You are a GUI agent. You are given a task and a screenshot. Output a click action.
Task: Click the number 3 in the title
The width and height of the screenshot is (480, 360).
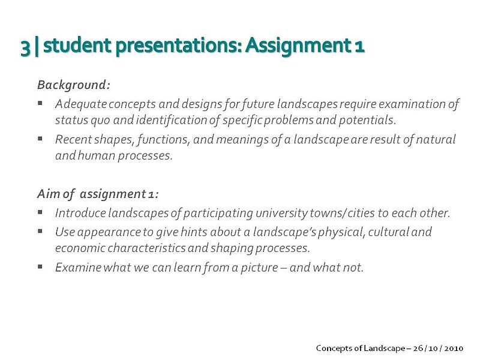pos(25,47)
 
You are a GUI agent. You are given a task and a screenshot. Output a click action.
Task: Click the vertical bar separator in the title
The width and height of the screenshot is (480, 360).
pos(37,47)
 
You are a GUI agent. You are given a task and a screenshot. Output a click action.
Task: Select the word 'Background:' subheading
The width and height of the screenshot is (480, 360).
pos(73,85)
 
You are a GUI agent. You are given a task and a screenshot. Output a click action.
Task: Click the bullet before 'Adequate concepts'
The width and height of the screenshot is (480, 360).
pos(40,103)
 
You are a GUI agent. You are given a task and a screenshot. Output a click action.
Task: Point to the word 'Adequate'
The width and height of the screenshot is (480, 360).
pos(81,104)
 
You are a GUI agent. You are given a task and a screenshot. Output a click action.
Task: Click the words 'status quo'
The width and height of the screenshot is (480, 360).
pos(83,120)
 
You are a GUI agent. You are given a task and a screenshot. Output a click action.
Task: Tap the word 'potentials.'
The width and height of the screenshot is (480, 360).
pos(367,120)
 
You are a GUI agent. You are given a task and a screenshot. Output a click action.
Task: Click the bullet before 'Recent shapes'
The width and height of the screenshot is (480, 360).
pos(40,139)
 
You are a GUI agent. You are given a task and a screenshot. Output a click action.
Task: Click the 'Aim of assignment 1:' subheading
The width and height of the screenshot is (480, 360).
pos(98,194)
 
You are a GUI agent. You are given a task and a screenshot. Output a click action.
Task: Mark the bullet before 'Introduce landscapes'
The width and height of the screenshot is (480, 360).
pos(40,212)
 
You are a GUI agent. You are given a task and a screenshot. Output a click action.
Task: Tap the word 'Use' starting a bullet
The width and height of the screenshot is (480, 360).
pos(65,232)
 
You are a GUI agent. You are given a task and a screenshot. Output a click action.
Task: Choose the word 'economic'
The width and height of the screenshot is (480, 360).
pos(80,248)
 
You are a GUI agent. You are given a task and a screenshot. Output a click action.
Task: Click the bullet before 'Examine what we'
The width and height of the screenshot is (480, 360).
pos(40,266)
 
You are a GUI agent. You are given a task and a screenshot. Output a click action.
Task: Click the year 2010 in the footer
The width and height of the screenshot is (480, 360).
pos(454,349)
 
